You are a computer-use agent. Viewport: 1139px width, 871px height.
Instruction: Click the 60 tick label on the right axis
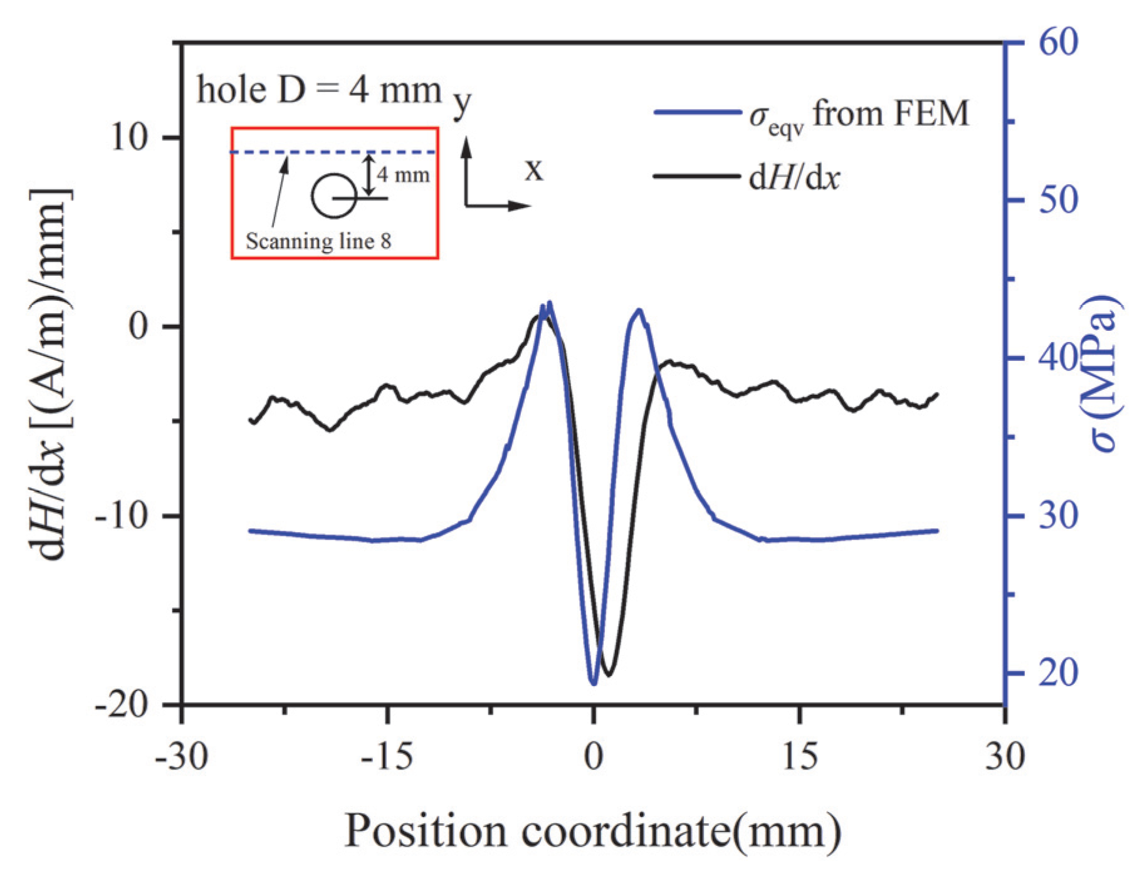[x=1058, y=43]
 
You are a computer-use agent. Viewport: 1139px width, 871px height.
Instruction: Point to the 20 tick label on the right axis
[x=1058, y=674]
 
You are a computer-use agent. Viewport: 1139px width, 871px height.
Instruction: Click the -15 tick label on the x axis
[x=387, y=756]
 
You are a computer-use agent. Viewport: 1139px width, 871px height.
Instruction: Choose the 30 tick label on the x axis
[x=1005, y=756]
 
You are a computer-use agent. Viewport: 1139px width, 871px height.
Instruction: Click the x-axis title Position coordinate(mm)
[x=592, y=832]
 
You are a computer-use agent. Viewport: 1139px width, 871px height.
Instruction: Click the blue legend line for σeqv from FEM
[x=696, y=113]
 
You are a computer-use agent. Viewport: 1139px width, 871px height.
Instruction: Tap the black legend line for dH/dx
[x=696, y=177]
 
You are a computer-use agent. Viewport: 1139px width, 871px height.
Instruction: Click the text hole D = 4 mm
[x=319, y=90]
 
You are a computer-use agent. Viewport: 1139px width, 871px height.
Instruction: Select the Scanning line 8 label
[x=318, y=241]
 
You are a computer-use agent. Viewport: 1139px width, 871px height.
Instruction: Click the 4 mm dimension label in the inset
[x=403, y=174]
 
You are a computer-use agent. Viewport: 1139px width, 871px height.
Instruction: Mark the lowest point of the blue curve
[x=594, y=683]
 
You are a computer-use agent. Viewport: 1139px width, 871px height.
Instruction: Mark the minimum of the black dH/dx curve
[x=608, y=675]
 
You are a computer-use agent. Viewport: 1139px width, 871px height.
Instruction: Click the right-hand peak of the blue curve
[x=639, y=310]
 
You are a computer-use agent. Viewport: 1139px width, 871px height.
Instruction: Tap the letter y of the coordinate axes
[x=462, y=103]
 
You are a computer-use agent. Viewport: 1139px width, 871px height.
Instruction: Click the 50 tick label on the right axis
[x=1058, y=201]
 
